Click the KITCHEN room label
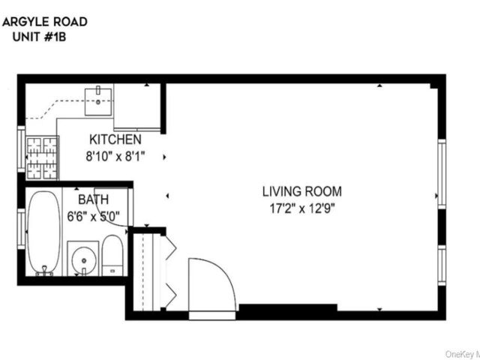click(x=115, y=139)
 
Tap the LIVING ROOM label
click(x=302, y=190)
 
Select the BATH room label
click(x=94, y=199)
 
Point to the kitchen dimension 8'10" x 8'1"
click(x=115, y=157)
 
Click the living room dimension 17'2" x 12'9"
click(x=302, y=208)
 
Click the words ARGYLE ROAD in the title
click(x=45, y=21)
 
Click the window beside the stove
click(x=21, y=149)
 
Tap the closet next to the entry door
click(x=147, y=274)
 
